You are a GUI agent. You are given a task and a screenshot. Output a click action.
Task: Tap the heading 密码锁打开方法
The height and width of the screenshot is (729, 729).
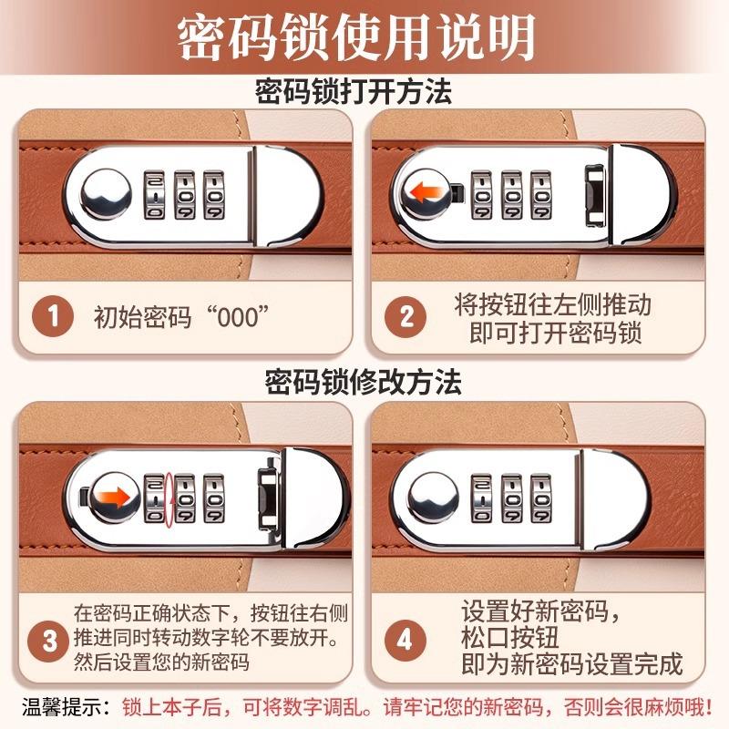coord(364,92)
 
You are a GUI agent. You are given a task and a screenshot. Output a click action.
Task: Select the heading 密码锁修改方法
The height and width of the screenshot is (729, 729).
coord(364,381)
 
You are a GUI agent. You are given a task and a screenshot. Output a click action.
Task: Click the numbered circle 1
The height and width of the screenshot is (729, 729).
coord(54,317)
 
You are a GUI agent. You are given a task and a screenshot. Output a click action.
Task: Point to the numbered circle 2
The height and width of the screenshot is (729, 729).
coord(406,317)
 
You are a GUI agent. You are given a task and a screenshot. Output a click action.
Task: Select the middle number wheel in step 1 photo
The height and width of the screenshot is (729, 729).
coord(184,193)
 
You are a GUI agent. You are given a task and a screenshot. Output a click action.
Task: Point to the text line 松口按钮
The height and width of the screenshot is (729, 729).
coord(509,636)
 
